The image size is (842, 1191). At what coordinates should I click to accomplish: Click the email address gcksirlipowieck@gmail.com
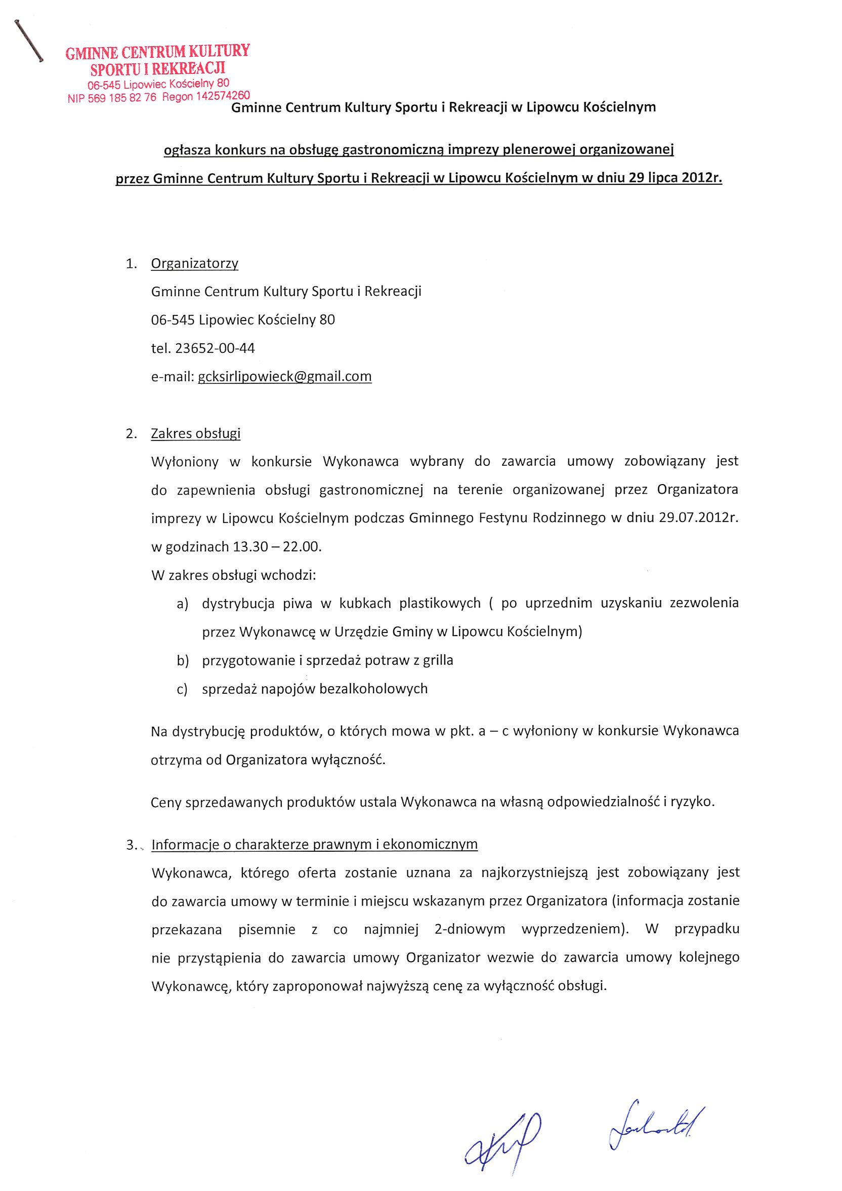click(285, 377)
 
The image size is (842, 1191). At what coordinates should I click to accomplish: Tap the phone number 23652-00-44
click(215, 348)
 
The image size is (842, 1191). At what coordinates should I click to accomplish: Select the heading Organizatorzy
click(194, 264)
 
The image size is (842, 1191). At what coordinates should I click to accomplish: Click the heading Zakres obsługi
click(195, 433)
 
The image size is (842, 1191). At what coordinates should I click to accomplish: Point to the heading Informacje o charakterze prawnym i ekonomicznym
click(314, 845)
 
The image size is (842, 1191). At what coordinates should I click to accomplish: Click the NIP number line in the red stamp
click(159, 97)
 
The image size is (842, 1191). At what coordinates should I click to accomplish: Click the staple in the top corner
click(29, 41)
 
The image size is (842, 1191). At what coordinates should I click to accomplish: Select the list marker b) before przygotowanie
click(182, 661)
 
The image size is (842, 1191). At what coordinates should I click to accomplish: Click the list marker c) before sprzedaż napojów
click(182, 689)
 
